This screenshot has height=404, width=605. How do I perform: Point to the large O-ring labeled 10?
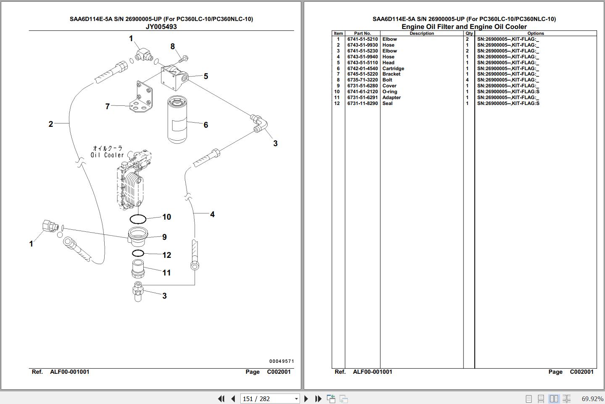[138, 219]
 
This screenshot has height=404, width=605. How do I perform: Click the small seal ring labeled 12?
[138, 253]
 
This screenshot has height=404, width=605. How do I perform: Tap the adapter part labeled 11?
[138, 269]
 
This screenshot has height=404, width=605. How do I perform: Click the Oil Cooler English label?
[108, 155]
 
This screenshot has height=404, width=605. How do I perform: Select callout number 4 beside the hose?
[212, 215]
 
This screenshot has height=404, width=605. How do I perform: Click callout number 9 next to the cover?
[164, 237]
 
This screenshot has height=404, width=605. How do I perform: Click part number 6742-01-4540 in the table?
[362, 68]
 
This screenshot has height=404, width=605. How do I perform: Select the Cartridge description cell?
[393, 68]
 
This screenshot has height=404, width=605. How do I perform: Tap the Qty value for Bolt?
[467, 80]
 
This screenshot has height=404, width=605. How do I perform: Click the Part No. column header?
[362, 33]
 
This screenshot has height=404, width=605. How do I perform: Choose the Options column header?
[536, 33]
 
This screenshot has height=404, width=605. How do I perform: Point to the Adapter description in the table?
[392, 97]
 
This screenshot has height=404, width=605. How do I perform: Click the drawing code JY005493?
[161, 26]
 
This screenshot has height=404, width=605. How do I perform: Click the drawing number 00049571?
[281, 361]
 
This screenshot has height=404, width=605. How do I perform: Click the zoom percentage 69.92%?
[592, 399]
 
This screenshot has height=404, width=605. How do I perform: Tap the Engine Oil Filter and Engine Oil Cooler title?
[464, 26]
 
